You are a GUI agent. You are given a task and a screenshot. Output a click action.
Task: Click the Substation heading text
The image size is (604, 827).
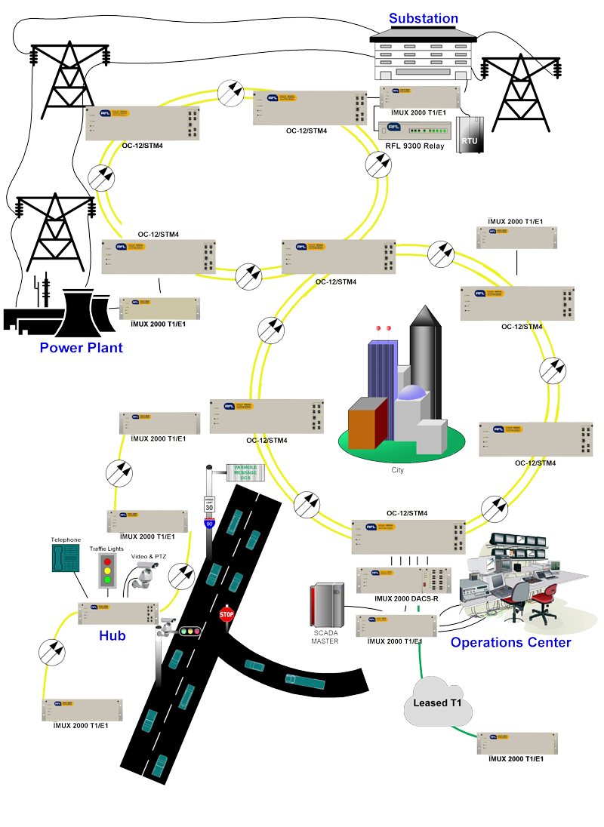pos(423,18)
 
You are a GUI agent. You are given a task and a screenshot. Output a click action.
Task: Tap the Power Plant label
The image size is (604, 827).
pos(81,348)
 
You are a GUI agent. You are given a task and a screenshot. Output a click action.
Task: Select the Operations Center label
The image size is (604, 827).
pos(510,642)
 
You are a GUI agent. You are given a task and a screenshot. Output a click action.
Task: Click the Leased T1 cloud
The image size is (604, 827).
pos(442,703)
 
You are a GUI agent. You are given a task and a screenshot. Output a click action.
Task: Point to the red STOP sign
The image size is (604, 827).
pos(226,614)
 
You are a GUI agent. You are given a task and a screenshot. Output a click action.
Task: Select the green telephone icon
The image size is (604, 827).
pos(66,559)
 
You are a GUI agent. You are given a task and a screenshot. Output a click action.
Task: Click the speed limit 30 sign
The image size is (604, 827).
pos(209,506)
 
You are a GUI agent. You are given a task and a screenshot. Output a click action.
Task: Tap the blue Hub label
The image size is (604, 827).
pos(112,635)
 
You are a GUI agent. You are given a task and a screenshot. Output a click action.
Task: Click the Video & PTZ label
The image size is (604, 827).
pos(149,557)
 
